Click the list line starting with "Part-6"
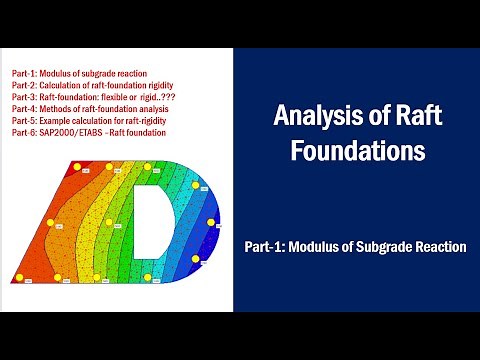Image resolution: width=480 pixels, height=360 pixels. point(89,132)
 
